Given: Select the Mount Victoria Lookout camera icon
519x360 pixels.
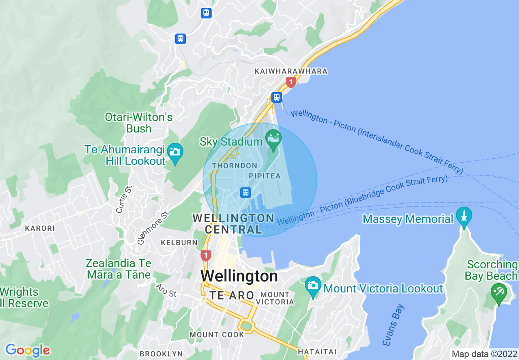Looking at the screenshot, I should [313, 285].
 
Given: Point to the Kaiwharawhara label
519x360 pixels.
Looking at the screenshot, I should [291, 71].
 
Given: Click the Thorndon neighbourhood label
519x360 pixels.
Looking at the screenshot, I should [235, 166].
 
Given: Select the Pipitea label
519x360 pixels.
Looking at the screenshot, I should [265, 176].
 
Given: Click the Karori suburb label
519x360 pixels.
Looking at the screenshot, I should [40, 228].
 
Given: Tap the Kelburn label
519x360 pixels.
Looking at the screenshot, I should [179, 243].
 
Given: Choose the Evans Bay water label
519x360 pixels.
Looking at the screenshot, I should [394, 325].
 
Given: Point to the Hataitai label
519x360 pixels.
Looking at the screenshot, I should [317, 352].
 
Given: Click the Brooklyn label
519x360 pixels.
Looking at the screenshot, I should [161, 354].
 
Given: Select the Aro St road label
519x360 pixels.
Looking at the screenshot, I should [166, 290].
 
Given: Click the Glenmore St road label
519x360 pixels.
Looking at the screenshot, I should [153, 227].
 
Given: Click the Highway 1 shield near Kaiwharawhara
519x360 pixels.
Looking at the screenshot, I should [291, 82].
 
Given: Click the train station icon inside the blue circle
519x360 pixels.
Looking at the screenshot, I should [246, 192].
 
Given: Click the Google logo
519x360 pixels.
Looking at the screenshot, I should [27, 350].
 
